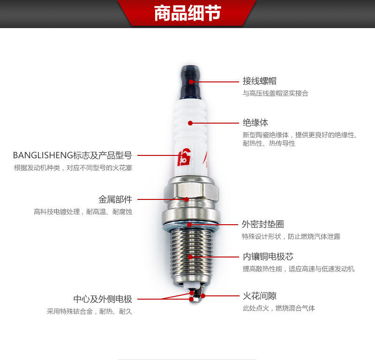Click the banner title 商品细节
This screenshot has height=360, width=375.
pyautogui.click(x=187, y=13)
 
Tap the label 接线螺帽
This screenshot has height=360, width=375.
pyautogui.click(x=260, y=81)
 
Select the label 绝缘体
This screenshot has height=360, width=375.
pyautogui.click(x=255, y=123)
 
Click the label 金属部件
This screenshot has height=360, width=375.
pyautogui.click(x=115, y=199)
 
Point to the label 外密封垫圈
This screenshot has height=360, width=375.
pyautogui.click(x=263, y=224)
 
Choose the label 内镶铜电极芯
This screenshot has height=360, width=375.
pyautogui.click(x=268, y=257)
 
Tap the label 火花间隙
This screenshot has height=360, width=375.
pyautogui.click(x=260, y=296)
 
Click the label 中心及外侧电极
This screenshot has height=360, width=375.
pyautogui.click(x=103, y=299)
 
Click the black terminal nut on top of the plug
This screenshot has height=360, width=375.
pyautogui.click(x=190, y=82)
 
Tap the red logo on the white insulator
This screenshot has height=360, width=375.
pyautogui.click(x=184, y=157)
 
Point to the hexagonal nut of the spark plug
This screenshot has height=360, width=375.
pyautogui.click(x=191, y=191)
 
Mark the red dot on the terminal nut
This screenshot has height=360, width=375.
pyautogui.click(x=191, y=82)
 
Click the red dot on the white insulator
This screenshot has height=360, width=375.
pyautogui.click(x=190, y=123)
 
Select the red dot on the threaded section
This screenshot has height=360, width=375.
pyautogui.click(x=190, y=257)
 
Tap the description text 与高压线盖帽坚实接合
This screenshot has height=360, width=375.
pyautogui.click(x=276, y=93)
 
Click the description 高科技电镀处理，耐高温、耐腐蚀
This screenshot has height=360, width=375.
pyautogui.click(x=83, y=212)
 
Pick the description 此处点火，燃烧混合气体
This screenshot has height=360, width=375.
pyautogui.click(x=279, y=308)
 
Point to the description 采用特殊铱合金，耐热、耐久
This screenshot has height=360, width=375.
pyautogui.click(x=90, y=311)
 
